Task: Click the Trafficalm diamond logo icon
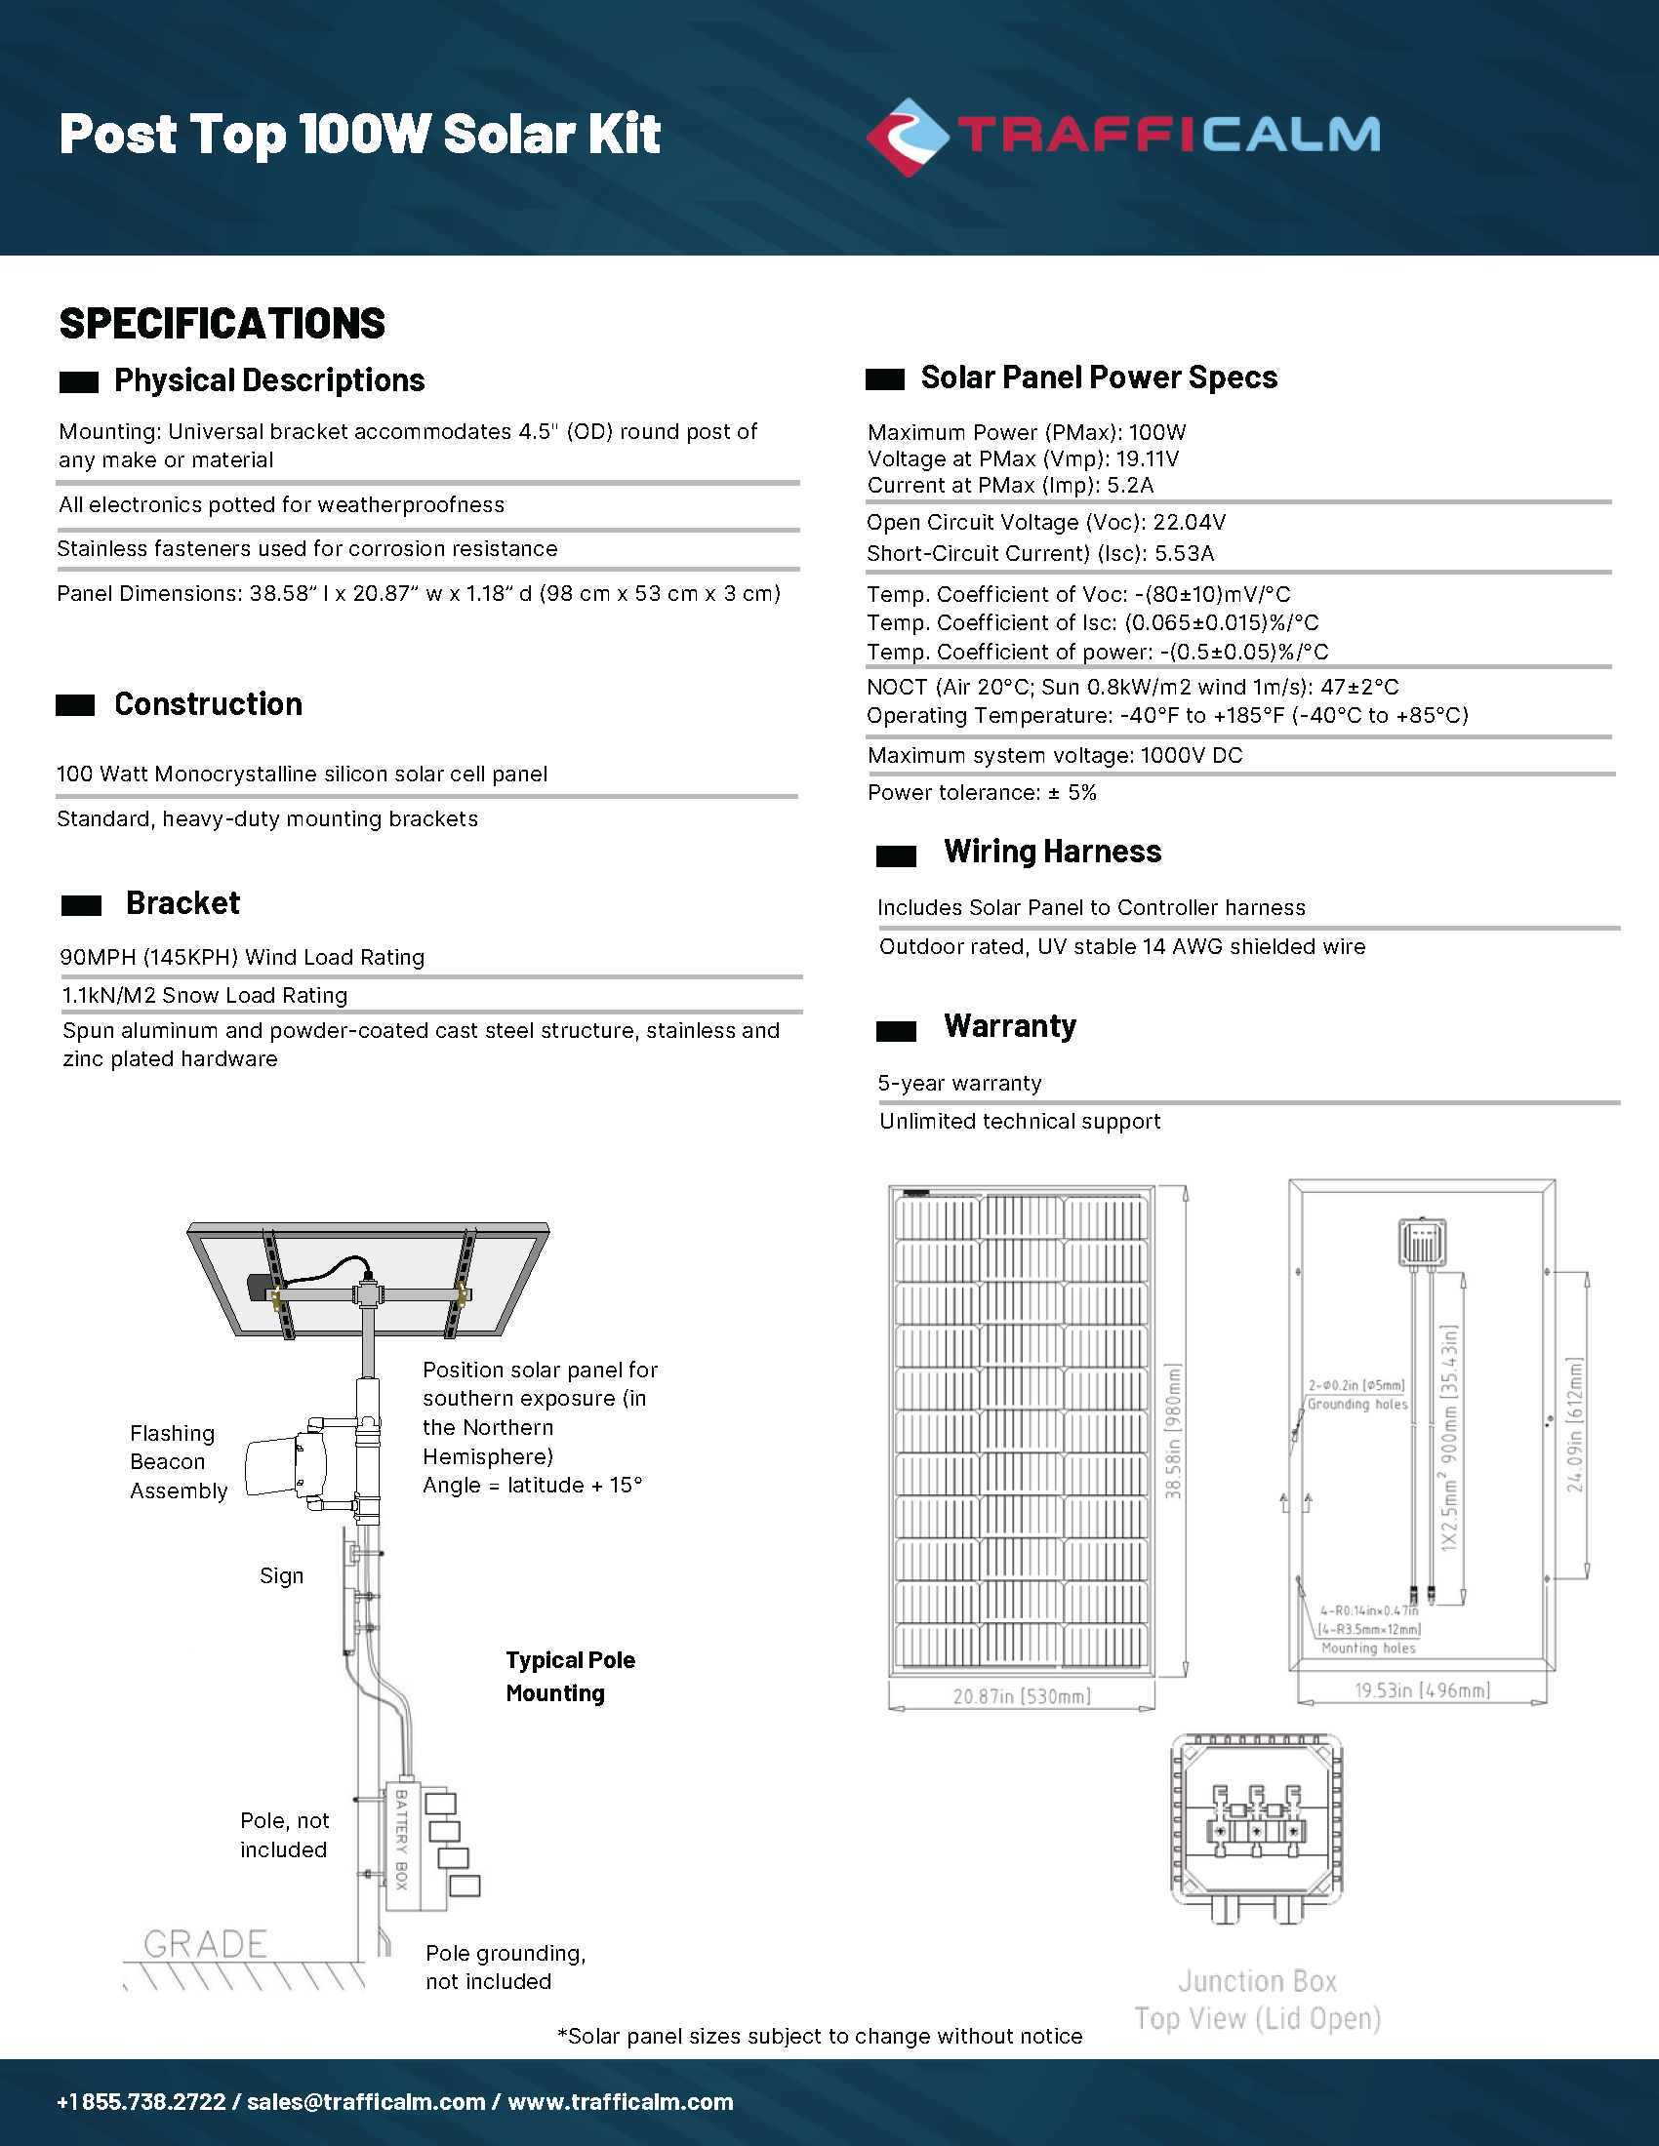(x=908, y=138)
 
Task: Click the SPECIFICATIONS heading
(x=223, y=323)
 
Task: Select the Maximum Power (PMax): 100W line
(x=1026, y=432)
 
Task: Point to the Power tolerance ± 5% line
(x=981, y=792)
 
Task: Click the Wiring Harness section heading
(x=1052, y=851)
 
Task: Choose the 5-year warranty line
(x=959, y=1083)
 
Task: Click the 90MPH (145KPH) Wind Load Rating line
(x=242, y=957)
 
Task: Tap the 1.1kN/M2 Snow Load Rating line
(x=204, y=995)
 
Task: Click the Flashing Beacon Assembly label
(x=178, y=1461)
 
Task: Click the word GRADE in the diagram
(x=205, y=1943)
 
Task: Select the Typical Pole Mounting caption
(x=569, y=1676)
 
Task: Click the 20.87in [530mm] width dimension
(x=1021, y=1696)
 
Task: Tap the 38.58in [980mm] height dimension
(x=1173, y=1431)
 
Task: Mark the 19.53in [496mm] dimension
(x=1421, y=1690)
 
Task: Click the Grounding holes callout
(x=1357, y=1404)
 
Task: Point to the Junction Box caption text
(x=1257, y=1981)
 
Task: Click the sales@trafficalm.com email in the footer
(x=366, y=2102)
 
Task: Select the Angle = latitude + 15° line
(x=532, y=1485)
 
